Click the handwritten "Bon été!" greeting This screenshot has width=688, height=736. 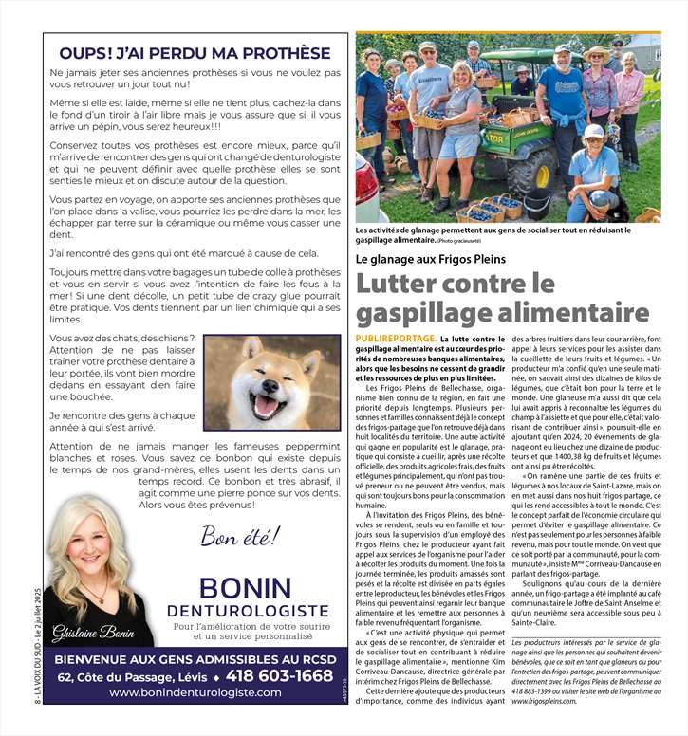tap(240, 537)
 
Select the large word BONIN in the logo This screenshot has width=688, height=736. tap(245, 588)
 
